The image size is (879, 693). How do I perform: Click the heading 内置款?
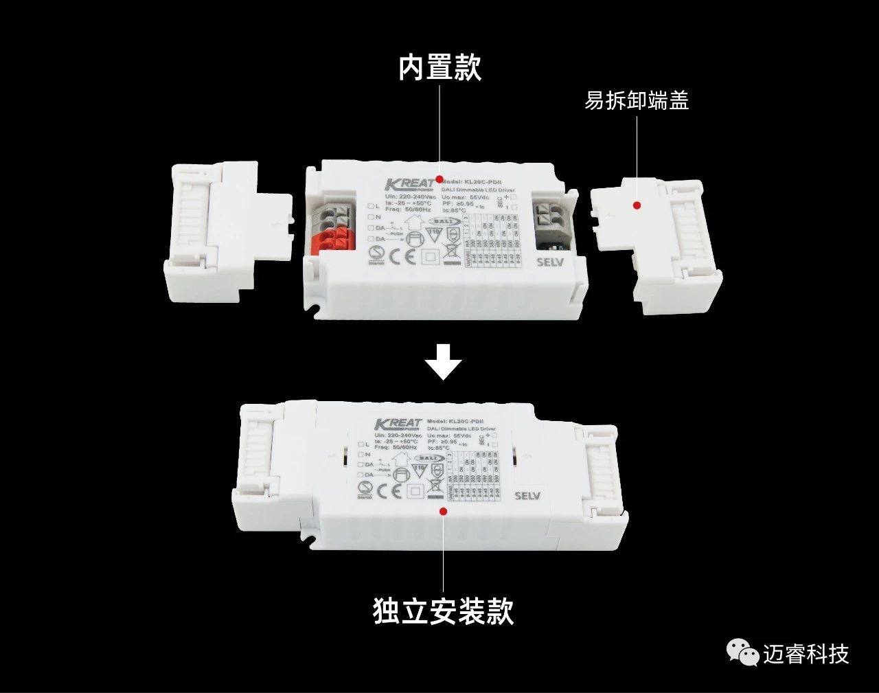(x=440, y=68)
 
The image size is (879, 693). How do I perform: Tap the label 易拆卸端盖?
(x=636, y=100)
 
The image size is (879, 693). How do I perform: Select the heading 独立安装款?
(x=443, y=610)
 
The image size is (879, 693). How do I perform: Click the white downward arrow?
(x=444, y=362)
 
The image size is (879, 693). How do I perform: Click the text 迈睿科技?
(x=806, y=654)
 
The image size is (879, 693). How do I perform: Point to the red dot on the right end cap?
(x=637, y=205)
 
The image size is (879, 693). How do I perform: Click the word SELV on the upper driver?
(x=549, y=262)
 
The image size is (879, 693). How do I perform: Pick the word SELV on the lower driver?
(x=527, y=496)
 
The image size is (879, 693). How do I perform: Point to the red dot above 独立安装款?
(x=443, y=511)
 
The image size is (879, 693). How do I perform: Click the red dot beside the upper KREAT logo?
(x=438, y=180)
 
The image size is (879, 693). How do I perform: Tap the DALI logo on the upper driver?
(x=442, y=222)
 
